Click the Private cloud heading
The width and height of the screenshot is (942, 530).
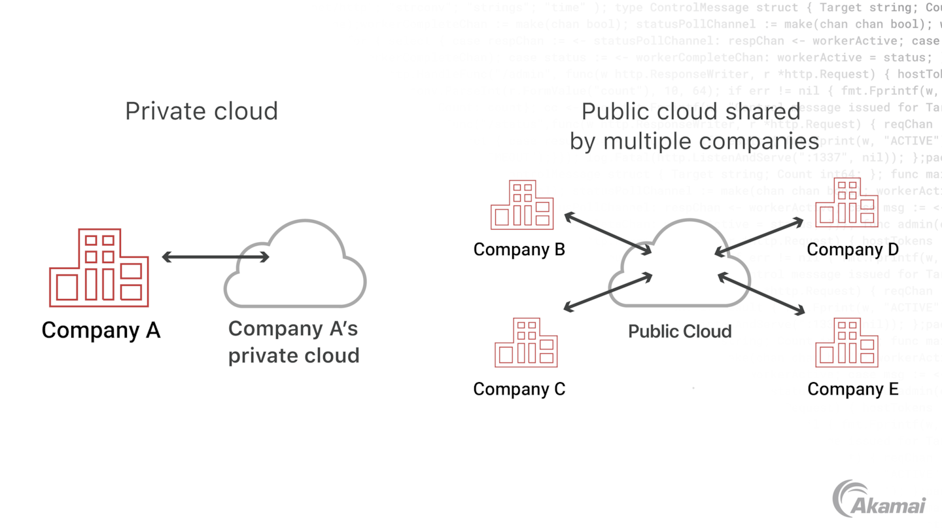[201, 111]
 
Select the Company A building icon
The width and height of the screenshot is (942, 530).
[99, 268]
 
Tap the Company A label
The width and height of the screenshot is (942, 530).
[101, 330]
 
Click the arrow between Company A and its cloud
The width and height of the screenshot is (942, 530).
[215, 257]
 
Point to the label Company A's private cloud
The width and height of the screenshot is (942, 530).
[294, 342]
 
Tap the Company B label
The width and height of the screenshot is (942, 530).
[519, 249]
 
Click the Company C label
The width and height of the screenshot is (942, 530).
[519, 389]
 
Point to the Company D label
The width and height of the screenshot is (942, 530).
[852, 249]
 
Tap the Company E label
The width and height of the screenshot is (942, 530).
[853, 389]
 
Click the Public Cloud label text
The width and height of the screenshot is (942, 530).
[680, 331]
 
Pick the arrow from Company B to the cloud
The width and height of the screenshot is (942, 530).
[608, 233]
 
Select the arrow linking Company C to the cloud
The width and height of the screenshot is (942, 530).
[608, 292]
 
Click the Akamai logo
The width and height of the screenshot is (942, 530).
[879, 499]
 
